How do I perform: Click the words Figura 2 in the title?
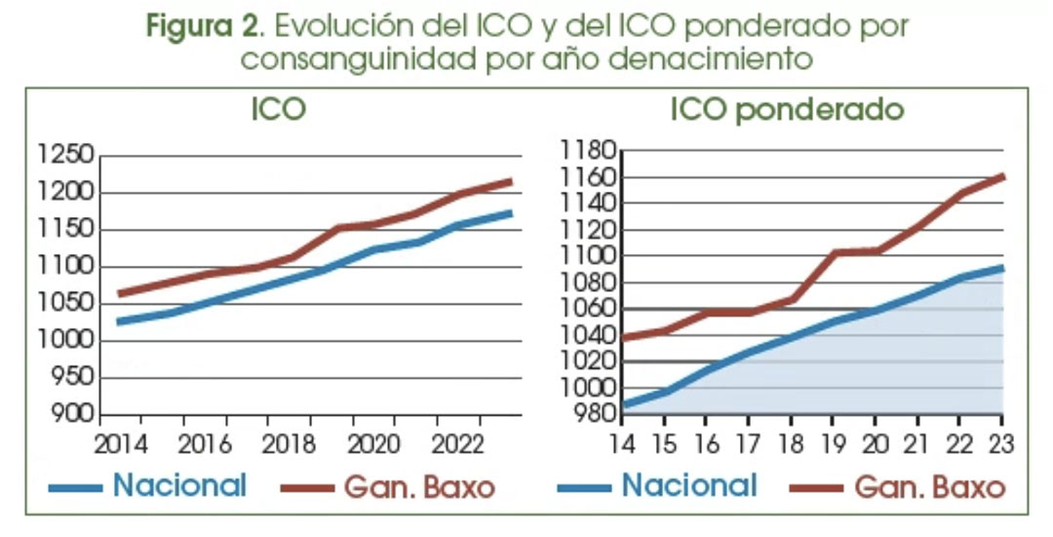click(191, 26)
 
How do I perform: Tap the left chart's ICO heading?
click(278, 109)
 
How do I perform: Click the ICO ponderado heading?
click(787, 110)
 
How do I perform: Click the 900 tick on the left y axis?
click(72, 414)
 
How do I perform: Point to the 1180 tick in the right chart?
click(588, 151)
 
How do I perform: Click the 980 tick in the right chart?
click(593, 414)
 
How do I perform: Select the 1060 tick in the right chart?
click(588, 309)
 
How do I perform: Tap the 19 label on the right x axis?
click(832, 444)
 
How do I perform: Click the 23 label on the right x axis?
click(1000, 444)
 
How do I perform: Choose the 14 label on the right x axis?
click(621, 444)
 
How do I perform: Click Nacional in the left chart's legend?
click(180, 485)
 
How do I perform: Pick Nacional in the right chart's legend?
click(689, 485)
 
